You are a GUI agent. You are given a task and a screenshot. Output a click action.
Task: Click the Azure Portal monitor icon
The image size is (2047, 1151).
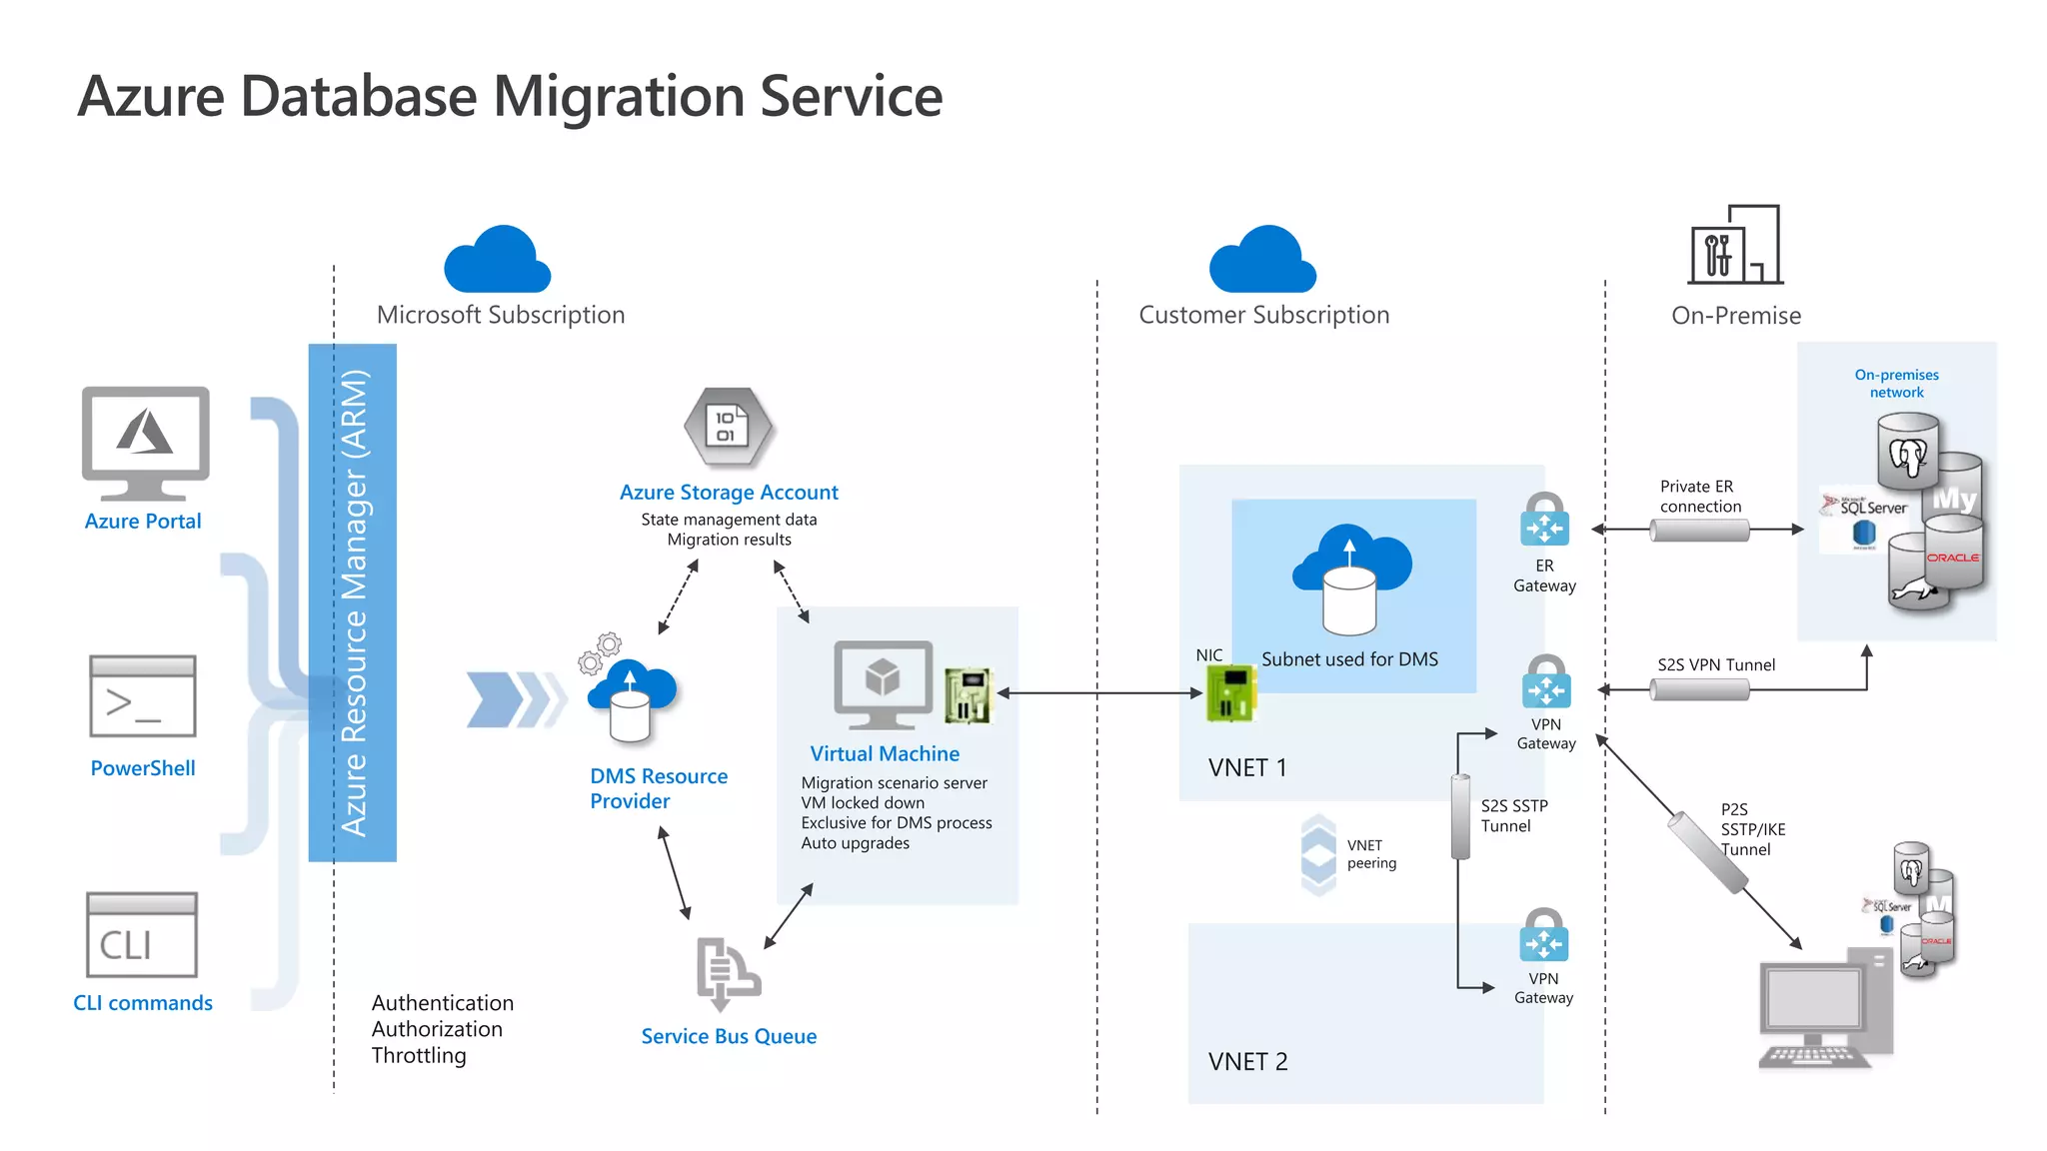(x=145, y=443)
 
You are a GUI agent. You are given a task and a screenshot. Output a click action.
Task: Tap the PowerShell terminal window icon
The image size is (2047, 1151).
(x=142, y=696)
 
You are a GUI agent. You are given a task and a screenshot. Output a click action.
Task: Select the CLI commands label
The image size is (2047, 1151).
(x=143, y=1003)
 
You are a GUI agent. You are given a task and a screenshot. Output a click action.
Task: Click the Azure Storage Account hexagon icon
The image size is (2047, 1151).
(x=729, y=428)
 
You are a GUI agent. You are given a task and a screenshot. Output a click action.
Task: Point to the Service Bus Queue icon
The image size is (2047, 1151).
(x=728, y=973)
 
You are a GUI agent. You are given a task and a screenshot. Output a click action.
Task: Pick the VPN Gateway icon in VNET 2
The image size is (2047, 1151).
(x=1543, y=936)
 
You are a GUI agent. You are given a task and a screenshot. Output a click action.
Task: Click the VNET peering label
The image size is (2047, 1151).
(x=1371, y=854)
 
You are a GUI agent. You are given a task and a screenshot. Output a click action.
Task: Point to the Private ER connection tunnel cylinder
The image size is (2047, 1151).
(x=1699, y=531)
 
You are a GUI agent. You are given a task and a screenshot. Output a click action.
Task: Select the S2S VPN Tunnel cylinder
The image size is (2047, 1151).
(x=1699, y=689)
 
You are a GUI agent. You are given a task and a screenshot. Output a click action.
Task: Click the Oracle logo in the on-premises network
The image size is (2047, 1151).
(x=1952, y=558)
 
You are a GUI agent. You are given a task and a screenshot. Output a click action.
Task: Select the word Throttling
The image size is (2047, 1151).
(x=419, y=1056)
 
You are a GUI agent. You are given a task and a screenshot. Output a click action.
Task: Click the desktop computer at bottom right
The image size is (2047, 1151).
(x=1825, y=1009)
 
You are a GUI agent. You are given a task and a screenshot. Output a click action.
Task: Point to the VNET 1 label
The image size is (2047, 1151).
(x=1247, y=767)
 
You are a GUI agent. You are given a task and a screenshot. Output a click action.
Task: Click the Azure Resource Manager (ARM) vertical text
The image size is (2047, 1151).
(x=354, y=602)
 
